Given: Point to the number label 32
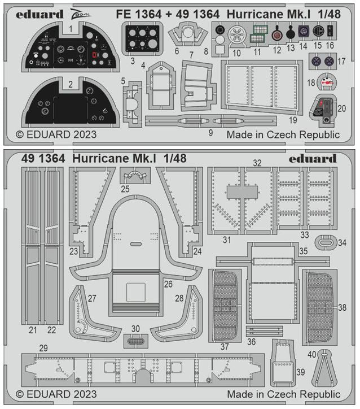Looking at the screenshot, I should coord(257,163).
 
